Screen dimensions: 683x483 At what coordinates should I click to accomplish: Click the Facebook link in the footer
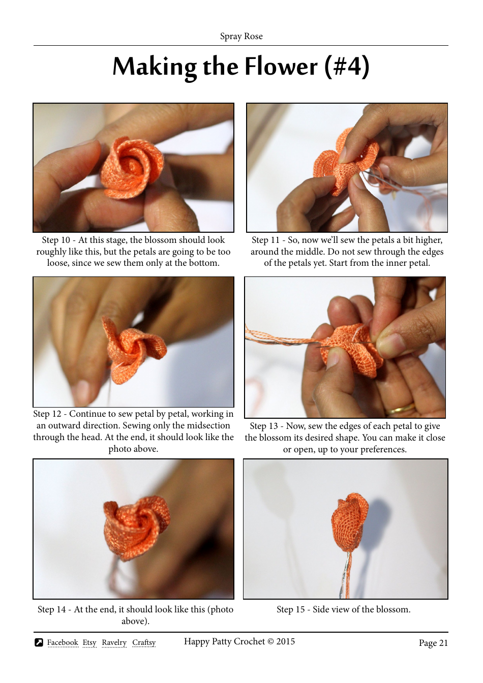pyautogui.click(x=63, y=643)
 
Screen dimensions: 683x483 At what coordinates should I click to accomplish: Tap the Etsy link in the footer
pyautogui.click(x=89, y=643)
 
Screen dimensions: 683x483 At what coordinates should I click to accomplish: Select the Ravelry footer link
pyautogui.click(x=114, y=643)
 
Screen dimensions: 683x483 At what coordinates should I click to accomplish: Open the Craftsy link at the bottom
pyautogui.click(x=144, y=643)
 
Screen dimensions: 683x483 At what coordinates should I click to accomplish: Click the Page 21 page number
pyautogui.click(x=433, y=643)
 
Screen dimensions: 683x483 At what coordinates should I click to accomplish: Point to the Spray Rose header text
pyautogui.click(x=241, y=36)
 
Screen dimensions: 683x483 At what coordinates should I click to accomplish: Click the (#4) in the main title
pyautogui.click(x=347, y=67)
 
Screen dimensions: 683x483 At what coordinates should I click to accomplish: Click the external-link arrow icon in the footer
pyautogui.click(x=39, y=642)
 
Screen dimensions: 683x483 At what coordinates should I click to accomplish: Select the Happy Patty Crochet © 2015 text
pyautogui.click(x=239, y=641)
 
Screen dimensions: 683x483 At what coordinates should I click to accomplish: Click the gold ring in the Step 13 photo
pyautogui.click(x=400, y=410)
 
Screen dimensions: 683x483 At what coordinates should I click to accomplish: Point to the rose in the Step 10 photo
pyautogui.click(x=131, y=167)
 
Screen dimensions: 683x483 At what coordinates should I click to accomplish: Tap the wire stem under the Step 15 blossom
pyautogui.click(x=347, y=574)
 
